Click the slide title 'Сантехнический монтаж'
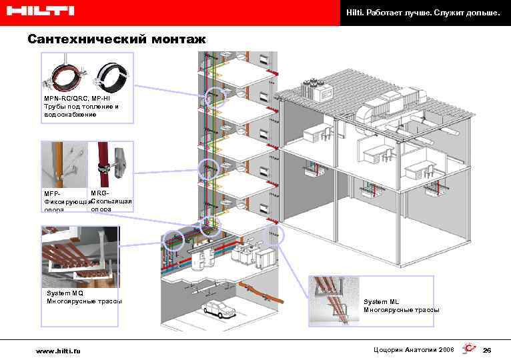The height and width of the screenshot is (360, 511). click(x=117, y=40)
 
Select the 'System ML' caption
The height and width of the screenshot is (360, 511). click(x=382, y=301)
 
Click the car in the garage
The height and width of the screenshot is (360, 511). click(x=216, y=309)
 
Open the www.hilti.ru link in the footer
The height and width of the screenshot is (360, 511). click(x=59, y=351)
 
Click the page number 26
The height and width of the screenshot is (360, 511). click(x=487, y=351)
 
